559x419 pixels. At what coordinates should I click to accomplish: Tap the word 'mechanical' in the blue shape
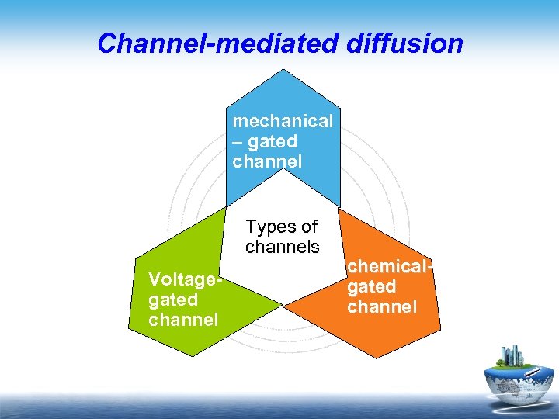(283, 121)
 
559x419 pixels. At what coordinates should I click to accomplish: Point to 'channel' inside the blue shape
(267, 161)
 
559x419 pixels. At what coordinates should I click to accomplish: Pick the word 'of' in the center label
(309, 227)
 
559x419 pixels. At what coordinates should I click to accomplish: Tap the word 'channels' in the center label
(283, 248)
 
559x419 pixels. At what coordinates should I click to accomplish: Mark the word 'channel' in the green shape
(182, 320)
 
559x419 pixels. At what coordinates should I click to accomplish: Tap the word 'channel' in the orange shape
(382, 307)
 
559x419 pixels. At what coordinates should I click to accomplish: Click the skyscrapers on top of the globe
(513, 356)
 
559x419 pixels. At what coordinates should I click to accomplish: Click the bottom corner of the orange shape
(376, 358)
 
